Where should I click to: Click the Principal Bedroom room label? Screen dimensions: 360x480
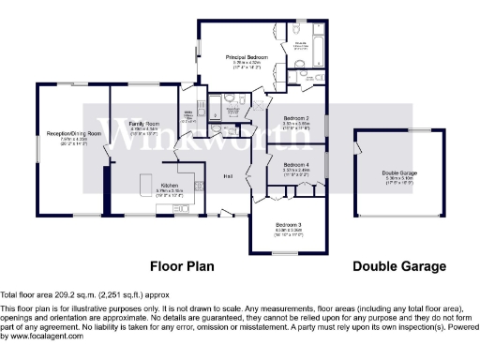pyautogui.click(x=247, y=58)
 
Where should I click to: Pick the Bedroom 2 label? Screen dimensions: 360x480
pyautogui.click(x=296, y=118)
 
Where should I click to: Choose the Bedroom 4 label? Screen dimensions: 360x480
pyautogui.click(x=296, y=165)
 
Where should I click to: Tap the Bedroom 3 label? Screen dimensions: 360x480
pyautogui.click(x=288, y=225)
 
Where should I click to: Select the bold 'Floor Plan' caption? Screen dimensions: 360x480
pyautogui.click(x=183, y=266)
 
